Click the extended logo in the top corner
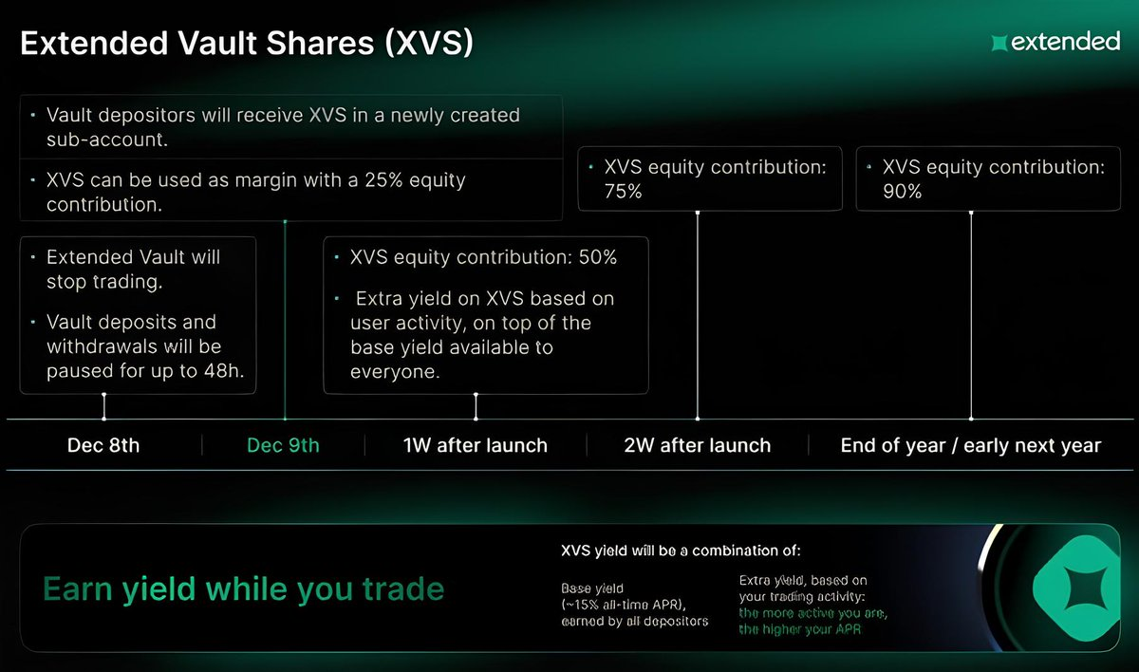tap(1055, 42)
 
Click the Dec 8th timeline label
tap(103, 445)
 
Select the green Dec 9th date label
tap(283, 445)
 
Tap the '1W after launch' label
tap(476, 445)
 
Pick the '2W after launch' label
tap(697, 445)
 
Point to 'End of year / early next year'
tap(971, 445)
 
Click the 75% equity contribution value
tap(624, 192)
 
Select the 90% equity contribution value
tap(902, 192)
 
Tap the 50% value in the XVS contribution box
tap(598, 257)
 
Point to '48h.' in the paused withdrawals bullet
tap(224, 371)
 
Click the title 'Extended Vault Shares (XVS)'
tap(247, 43)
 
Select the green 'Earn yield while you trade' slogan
tap(244, 589)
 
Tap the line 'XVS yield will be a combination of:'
tap(681, 551)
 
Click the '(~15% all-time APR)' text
tap(624, 605)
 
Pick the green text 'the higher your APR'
tap(800, 629)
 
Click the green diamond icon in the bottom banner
tap(1075, 588)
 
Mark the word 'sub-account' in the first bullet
tap(104, 140)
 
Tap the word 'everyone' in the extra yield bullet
tap(393, 372)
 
